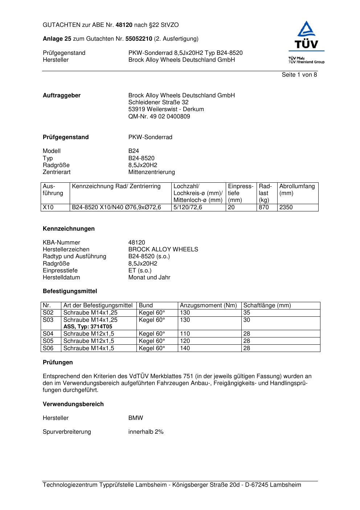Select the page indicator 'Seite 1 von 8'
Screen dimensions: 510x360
tap(299, 75)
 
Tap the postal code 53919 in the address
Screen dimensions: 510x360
tap(136, 109)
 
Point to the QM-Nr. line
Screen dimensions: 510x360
tap(159, 117)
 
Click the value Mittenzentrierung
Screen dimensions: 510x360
tap(151, 172)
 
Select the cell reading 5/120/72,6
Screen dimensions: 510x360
tap(188, 207)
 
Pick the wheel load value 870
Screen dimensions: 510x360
tap(264, 207)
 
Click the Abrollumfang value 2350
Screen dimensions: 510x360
tap(286, 207)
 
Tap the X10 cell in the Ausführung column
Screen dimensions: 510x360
tap(48, 207)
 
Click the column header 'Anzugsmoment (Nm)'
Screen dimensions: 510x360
tap(208, 305)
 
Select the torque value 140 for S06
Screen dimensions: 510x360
tap(185, 348)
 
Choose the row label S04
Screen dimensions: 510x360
tap(48, 334)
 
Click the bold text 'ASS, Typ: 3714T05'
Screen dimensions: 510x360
tap(88, 327)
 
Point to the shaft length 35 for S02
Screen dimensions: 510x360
tap(247, 313)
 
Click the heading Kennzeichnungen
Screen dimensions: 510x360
tap(69, 229)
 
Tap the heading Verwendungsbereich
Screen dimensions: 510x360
tap(73, 404)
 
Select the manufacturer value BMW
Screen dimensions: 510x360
tap(136, 418)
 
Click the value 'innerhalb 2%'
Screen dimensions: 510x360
tap(146, 432)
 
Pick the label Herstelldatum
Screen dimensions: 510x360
tap(61, 278)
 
